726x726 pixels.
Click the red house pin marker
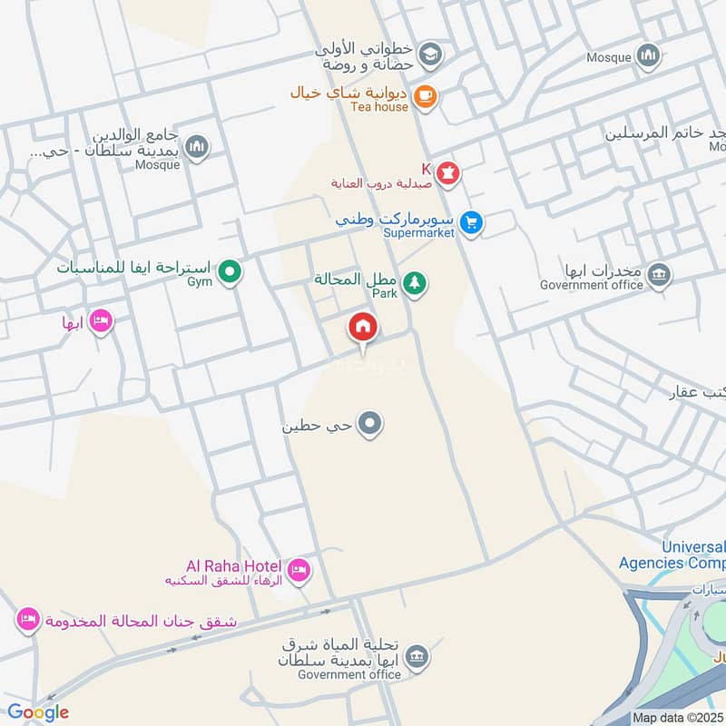click(x=363, y=327)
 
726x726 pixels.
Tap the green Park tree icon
click(x=415, y=284)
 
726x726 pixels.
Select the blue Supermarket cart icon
click(x=470, y=221)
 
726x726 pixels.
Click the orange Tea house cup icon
click(x=424, y=95)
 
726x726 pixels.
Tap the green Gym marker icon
click(x=231, y=270)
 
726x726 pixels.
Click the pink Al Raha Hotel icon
click(x=299, y=571)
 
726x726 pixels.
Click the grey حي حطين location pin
click(x=369, y=423)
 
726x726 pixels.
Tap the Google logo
click(x=37, y=712)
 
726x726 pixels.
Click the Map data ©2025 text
click(x=676, y=717)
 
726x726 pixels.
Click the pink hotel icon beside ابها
click(x=101, y=321)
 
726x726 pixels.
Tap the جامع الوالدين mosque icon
click(x=197, y=146)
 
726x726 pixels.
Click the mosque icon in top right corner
click(x=647, y=56)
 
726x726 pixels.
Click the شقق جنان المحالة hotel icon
click(x=28, y=621)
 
